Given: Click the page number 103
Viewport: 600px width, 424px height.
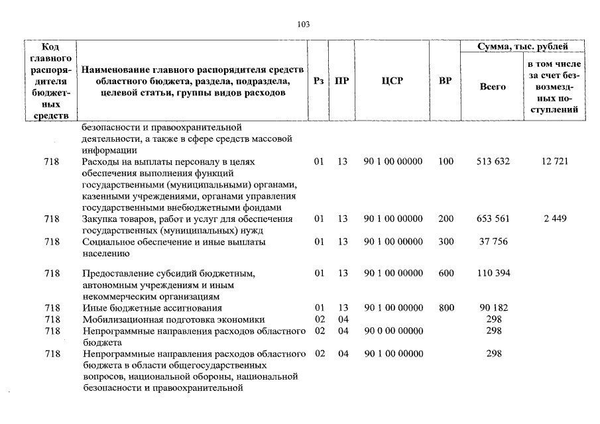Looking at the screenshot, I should (x=304, y=25).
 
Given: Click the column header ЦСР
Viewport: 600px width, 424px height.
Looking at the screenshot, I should (x=392, y=81).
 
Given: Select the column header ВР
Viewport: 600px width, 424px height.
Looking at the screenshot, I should (x=446, y=81).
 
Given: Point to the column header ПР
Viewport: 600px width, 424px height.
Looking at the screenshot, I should (x=342, y=81).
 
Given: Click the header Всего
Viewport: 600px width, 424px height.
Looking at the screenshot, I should (x=492, y=87).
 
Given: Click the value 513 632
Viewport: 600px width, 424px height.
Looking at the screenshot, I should (x=492, y=161).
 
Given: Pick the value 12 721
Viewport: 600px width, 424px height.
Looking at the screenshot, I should (x=554, y=161).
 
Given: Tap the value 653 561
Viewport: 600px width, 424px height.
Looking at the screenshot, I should (x=492, y=219).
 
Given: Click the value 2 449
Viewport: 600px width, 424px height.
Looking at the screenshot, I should (x=554, y=219).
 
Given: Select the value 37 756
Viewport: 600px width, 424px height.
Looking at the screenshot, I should (x=492, y=242).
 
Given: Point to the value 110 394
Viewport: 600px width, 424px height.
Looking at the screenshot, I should (x=492, y=273).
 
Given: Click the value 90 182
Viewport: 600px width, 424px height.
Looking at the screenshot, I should (x=492, y=308).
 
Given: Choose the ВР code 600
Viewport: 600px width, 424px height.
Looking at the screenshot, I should (x=446, y=273).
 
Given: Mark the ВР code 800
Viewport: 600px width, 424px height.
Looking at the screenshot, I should (x=446, y=308).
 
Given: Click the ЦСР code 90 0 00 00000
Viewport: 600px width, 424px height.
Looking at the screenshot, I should (x=393, y=331).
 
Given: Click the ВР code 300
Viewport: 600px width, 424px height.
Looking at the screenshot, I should (x=446, y=242).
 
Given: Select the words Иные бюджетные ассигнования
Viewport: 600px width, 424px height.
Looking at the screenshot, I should (x=152, y=308).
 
